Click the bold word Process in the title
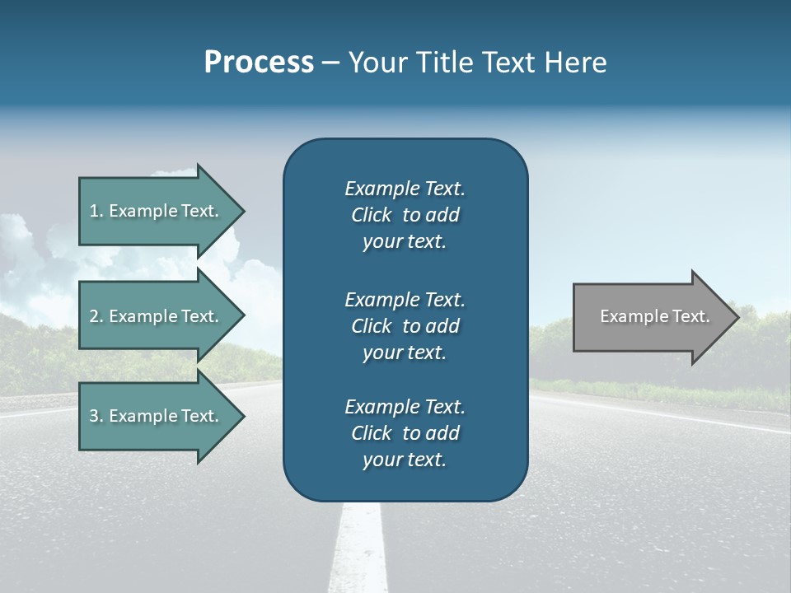pyautogui.click(x=259, y=63)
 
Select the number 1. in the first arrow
pyautogui.click(x=96, y=211)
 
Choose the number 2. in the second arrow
pyautogui.click(x=96, y=316)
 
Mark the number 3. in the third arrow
pyautogui.click(x=96, y=416)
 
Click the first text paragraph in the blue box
pyautogui.click(x=405, y=215)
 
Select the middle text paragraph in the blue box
pyautogui.click(x=405, y=326)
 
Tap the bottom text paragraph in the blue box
pyautogui.click(x=405, y=433)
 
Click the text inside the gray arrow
pyautogui.click(x=654, y=316)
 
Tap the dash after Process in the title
pyautogui.click(x=330, y=63)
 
